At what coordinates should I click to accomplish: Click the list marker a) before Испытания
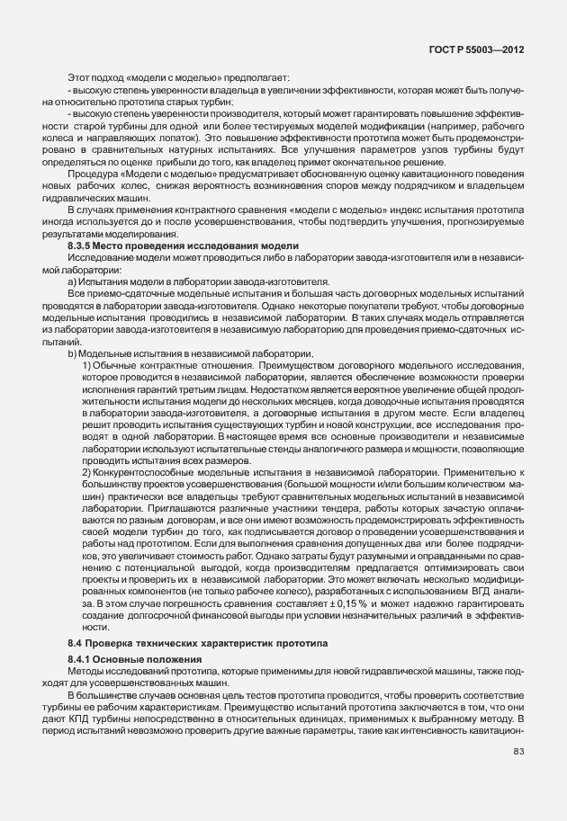point(72,281)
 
